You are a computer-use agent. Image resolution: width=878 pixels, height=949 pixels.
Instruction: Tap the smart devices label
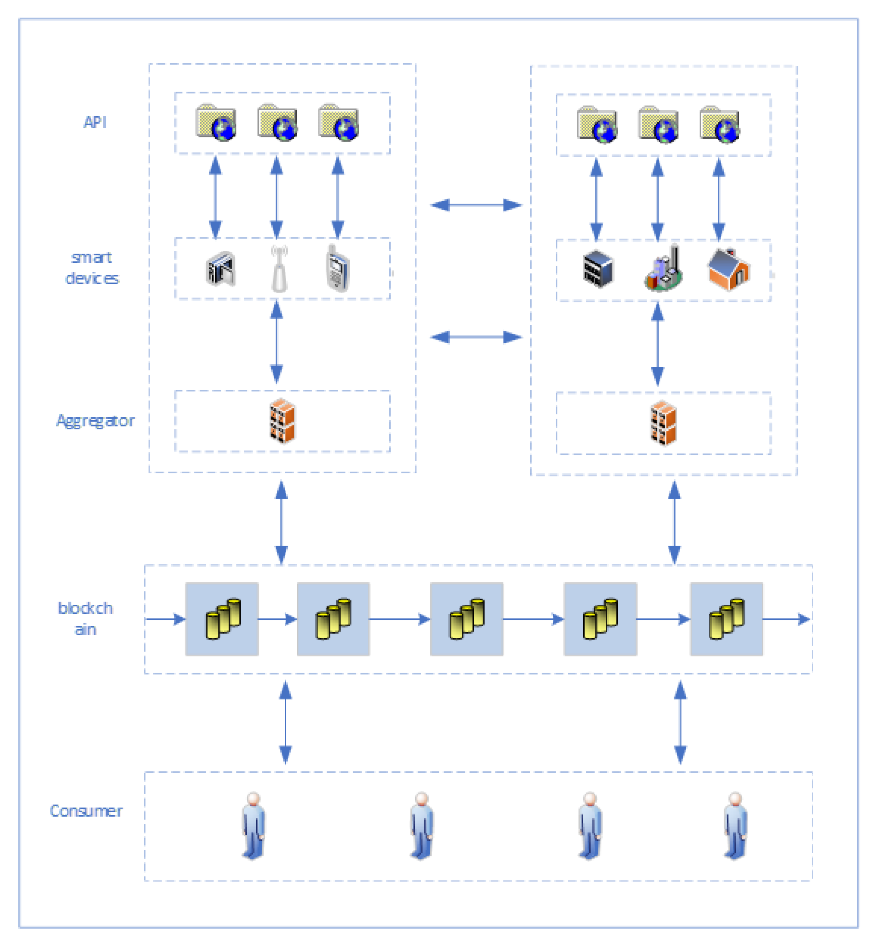[x=92, y=268]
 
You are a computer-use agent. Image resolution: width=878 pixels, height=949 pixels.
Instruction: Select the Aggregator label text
[x=95, y=421]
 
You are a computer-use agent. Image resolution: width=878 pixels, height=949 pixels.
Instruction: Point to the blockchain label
[x=85, y=618]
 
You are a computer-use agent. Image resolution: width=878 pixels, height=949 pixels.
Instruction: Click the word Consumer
[x=86, y=811]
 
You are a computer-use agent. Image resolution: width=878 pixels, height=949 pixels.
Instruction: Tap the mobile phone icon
[x=337, y=268]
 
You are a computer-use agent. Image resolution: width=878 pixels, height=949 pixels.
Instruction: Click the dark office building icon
[x=598, y=269]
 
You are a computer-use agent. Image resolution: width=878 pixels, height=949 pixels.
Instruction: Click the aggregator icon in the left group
[x=282, y=421]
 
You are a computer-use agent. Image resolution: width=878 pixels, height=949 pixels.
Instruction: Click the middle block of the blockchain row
[x=466, y=619]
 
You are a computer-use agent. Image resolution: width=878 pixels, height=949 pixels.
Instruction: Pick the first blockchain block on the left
[x=222, y=619]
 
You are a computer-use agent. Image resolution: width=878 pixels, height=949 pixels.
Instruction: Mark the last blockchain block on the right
[x=726, y=619]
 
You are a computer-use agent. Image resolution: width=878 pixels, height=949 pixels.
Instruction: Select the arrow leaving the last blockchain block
[x=786, y=619]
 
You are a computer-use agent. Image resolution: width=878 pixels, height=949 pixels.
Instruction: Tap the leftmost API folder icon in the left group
[x=216, y=122]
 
